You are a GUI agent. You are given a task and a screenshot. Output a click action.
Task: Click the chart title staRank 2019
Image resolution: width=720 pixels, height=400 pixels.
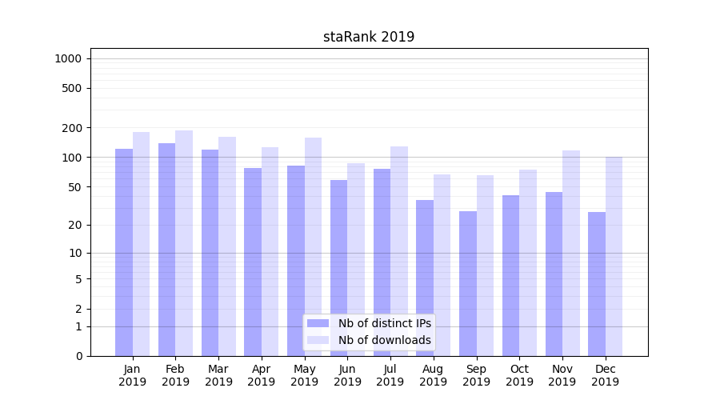pos(369,37)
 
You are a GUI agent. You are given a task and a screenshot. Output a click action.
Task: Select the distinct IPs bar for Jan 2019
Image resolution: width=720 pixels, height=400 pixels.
pos(124,252)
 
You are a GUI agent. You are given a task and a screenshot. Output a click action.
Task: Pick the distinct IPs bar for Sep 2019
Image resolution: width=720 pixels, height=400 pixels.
pos(468,283)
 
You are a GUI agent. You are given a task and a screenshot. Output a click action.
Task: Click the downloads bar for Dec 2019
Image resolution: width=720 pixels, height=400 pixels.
pos(614,256)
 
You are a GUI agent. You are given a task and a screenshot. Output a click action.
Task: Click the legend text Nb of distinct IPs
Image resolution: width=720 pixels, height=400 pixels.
pos(385,323)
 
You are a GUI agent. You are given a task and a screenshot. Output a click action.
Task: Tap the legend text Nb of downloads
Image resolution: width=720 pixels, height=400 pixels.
pos(385,340)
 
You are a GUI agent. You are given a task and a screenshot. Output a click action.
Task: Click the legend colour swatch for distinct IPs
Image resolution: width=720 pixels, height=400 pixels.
pos(318,323)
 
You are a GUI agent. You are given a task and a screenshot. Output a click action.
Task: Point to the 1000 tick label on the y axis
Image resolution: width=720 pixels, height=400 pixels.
pos(68,58)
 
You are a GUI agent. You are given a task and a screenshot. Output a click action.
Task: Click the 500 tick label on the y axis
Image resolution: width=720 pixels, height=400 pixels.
pos(73,88)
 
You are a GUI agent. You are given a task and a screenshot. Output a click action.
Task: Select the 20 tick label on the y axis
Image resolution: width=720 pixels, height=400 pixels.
pos(75,225)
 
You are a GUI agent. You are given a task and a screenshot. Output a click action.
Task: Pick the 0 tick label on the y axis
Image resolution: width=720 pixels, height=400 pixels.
pos(78,356)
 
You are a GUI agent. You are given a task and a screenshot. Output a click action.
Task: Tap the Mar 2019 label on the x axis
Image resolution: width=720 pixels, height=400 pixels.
pos(218,375)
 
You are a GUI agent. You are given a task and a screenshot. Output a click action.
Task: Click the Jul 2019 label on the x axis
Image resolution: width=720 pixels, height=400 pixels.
pos(390,375)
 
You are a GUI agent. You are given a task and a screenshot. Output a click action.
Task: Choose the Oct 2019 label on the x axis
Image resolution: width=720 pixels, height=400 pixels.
pos(519,375)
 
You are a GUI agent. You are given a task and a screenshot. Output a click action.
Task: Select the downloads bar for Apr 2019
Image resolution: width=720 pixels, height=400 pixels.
pos(270,251)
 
